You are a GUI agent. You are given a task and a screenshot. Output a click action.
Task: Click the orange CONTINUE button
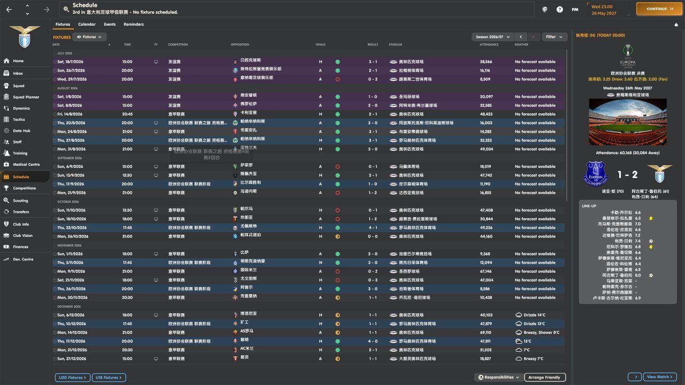[659, 9]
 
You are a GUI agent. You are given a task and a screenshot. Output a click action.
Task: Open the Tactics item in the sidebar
[19, 119]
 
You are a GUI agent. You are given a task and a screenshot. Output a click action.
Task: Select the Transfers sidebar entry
[21, 212]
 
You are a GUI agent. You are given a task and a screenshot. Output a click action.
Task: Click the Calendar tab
[87, 24]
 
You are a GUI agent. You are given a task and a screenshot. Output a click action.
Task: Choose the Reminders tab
[133, 24]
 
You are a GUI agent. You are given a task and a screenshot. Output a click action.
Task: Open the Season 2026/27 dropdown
[491, 37]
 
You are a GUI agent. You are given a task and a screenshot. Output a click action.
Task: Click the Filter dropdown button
[554, 37]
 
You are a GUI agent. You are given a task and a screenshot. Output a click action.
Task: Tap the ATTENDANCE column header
[489, 44]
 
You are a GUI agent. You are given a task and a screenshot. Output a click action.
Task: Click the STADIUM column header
[395, 44]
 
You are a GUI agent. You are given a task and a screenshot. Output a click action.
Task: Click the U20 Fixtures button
[71, 378]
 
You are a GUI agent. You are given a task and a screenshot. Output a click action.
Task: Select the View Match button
[660, 377]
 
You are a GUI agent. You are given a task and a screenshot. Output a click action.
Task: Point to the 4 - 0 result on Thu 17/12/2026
[372, 341]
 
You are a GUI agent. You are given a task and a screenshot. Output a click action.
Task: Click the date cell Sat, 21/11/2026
[72, 280]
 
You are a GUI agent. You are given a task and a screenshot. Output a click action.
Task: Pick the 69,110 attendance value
[485, 333]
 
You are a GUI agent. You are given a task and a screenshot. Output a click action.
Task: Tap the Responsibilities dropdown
[498, 378]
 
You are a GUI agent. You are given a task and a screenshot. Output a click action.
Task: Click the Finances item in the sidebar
[21, 247]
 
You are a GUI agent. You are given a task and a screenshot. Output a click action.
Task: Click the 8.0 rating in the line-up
[637, 275]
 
